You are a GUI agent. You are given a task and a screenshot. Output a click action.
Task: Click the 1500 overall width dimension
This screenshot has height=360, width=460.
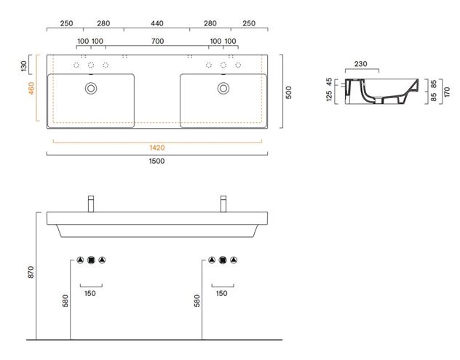pos(157,161)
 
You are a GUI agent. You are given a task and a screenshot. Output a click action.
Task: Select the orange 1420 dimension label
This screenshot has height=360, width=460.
pos(157,148)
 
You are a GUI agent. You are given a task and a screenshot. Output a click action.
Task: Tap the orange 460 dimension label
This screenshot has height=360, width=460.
pos(31,88)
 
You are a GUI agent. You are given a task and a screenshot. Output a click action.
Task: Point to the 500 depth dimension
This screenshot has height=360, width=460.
pos(289,92)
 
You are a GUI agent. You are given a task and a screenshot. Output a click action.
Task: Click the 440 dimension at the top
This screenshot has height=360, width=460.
pos(157,23)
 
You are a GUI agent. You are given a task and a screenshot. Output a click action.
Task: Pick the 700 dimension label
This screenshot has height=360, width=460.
pos(157,41)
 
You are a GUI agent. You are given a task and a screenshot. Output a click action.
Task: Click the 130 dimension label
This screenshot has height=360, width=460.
pos(23,65)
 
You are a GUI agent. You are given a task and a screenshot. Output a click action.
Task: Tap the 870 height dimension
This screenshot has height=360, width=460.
pos(31,272)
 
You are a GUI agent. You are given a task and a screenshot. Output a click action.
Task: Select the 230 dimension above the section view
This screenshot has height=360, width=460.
pos(360,63)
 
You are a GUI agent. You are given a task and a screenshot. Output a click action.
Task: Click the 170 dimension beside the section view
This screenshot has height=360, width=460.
pos(447,92)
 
